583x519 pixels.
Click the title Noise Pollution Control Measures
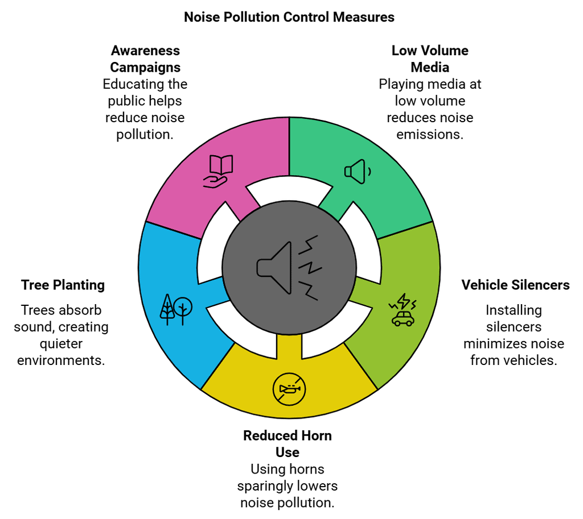289,17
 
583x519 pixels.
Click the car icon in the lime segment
403,312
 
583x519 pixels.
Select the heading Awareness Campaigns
145,59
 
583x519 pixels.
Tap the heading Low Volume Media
430,59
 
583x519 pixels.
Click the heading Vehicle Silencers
515,285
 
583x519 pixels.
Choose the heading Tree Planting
63,285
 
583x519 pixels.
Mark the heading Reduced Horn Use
288,444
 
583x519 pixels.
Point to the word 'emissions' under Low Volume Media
430,134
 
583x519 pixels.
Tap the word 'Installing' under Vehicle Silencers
514,310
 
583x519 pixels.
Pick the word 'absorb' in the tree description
83,310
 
